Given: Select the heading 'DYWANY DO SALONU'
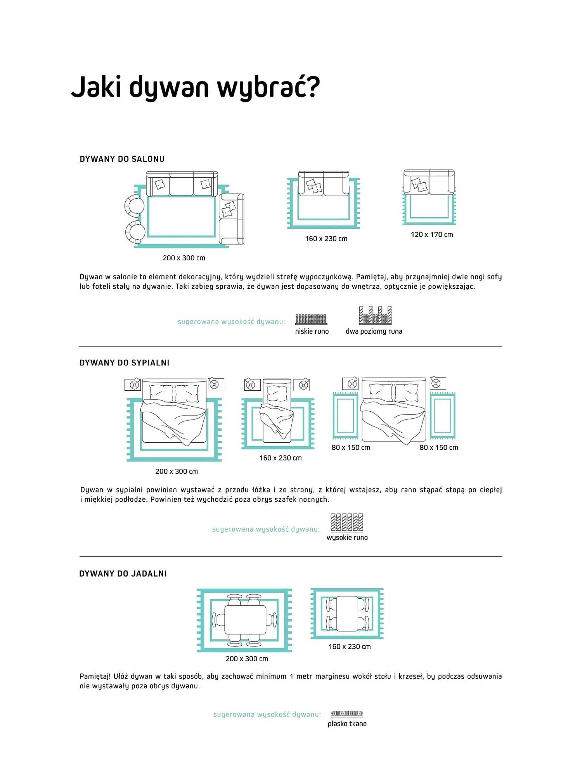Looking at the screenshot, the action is pos(122,159).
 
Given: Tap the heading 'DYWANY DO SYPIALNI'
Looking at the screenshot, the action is pos(125,363).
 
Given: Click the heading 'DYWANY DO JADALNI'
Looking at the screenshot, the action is pos(123,573).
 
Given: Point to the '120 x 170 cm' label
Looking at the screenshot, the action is pos(432,234).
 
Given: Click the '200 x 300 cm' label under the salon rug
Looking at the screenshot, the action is pos(184,258).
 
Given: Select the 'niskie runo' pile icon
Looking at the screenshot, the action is pos(311,319).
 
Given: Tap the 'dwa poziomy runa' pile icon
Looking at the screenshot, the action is pos(375,315).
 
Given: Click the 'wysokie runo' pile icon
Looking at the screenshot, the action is pos(347,523).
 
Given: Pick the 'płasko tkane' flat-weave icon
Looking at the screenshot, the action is pos(347,714).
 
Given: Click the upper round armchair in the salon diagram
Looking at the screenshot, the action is pos(134,206).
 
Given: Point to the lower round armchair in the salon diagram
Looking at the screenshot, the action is pos(135,232).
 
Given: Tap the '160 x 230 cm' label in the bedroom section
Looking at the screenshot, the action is pos(281,458).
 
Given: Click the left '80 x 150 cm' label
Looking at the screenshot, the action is pos(351,447).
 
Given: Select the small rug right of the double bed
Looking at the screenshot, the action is pos(442,416).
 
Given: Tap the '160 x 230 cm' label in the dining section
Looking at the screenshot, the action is pos(350,646).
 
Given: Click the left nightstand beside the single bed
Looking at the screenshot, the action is pos(252,385).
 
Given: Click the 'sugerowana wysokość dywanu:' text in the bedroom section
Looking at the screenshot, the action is pos(266,529).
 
